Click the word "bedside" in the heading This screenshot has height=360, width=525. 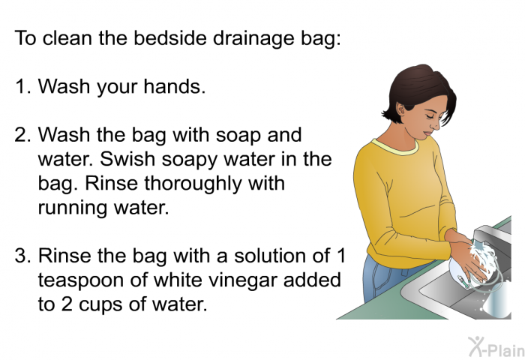pyautogui.click(x=169, y=37)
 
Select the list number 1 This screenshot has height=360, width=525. pyautogui.click(x=22, y=86)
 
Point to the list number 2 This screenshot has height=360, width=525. pyautogui.click(x=22, y=135)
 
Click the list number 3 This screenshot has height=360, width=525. pyautogui.click(x=22, y=256)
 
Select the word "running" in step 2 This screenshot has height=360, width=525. pyautogui.click(x=73, y=208)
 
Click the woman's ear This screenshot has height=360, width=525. pyautogui.click(x=400, y=109)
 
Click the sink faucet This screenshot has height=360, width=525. pyautogui.click(x=492, y=235)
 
